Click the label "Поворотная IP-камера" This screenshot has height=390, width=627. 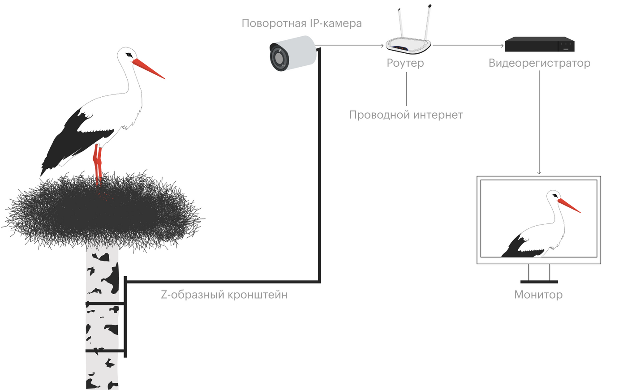click(x=301, y=23)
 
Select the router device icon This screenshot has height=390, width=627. click(x=408, y=44)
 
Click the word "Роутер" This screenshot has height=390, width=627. click(x=405, y=63)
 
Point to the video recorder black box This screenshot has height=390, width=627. click(x=539, y=45)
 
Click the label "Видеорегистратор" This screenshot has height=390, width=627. click(x=539, y=63)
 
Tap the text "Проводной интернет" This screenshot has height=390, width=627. click(x=406, y=115)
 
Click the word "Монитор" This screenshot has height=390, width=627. click(x=538, y=295)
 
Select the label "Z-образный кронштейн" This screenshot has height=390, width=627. click(x=224, y=295)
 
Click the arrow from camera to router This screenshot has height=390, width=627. click(x=349, y=46)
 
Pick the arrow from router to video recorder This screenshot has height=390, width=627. click(x=468, y=46)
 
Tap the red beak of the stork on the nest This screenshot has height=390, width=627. click(x=149, y=69)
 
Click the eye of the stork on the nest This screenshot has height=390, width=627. click(x=129, y=55)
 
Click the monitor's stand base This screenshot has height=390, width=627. click(x=539, y=282)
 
